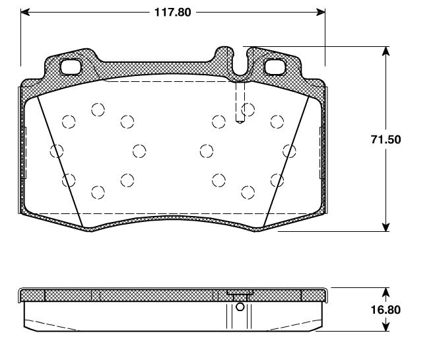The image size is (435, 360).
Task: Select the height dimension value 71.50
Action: (386, 139)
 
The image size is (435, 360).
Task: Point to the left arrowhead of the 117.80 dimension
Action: (25, 11)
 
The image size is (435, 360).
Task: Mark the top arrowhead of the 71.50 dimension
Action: (386, 51)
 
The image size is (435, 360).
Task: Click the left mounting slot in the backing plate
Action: (70, 67)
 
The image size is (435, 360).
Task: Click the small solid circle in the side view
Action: (240, 306)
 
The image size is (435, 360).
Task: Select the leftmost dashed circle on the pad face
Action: (57, 151)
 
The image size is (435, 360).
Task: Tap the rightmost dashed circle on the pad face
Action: (288, 151)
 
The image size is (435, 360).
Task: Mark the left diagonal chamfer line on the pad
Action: (59, 159)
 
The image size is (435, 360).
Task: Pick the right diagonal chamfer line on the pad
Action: (286, 159)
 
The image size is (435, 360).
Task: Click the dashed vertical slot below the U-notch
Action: (240, 100)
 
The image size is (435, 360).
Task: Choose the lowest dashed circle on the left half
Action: (98, 192)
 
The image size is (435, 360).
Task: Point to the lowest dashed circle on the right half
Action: (248, 192)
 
